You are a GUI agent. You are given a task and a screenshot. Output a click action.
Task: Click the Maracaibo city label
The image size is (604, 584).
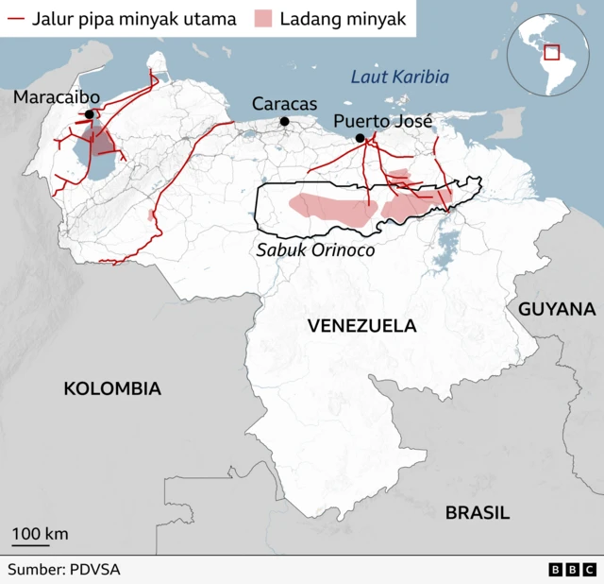click(x=57, y=97)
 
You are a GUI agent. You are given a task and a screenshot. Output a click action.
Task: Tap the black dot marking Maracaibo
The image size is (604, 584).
click(x=90, y=115)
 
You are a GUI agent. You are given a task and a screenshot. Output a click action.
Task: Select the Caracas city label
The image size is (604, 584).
click(x=284, y=104)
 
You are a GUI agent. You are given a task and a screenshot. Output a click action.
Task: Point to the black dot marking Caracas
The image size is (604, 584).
click(x=284, y=121)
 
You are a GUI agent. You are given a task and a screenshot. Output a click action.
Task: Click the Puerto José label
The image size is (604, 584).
click(x=382, y=121)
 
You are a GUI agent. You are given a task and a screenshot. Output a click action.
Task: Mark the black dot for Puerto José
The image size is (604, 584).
click(x=360, y=139)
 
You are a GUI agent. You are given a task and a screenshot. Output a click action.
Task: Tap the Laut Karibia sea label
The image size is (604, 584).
click(x=399, y=77)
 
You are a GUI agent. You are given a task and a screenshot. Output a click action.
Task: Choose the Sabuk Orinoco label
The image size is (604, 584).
click(x=315, y=250)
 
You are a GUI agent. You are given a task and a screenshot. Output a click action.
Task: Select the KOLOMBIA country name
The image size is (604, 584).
click(x=112, y=388)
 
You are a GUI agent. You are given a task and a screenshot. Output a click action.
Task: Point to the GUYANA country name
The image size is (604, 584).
click(x=557, y=309)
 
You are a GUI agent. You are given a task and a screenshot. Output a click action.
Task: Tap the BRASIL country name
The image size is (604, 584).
click(x=478, y=513)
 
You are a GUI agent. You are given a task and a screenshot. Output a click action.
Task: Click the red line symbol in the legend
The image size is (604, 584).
click(x=16, y=18)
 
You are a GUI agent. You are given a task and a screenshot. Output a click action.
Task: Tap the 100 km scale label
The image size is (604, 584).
click(x=40, y=534)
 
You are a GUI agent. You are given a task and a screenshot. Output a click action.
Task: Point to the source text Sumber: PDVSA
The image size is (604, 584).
click(x=64, y=570)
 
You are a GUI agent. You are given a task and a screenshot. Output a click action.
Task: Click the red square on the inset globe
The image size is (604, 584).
click(x=552, y=52)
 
